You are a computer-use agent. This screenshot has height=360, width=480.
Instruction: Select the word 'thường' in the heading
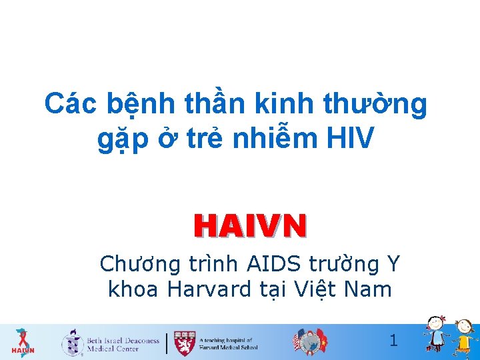(x=375, y=105)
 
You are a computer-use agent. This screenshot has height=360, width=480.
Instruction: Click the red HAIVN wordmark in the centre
(x=250, y=226)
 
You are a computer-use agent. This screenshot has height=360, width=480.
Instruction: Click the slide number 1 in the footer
(x=393, y=341)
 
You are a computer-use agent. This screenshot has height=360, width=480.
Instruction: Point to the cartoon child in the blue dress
(x=436, y=333)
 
